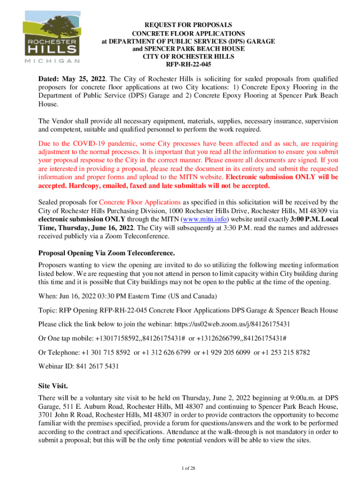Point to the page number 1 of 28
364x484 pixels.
click(x=182, y=468)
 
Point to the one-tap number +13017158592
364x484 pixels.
click(x=116, y=339)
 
